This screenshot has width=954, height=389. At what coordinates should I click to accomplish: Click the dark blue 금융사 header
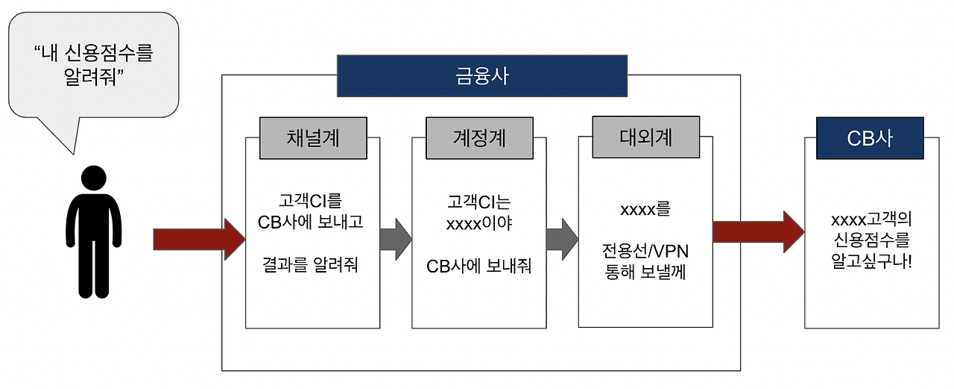pyautogui.click(x=481, y=76)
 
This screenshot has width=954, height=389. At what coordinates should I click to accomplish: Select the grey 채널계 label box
pyautogui.click(x=313, y=138)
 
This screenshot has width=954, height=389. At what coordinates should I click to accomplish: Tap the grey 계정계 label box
pyautogui.click(x=479, y=138)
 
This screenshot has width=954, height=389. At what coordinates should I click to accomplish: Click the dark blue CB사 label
pyautogui.click(x=870, y=138)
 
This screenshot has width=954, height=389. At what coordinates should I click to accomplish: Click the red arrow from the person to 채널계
pyautogui.click(x=198, y=240)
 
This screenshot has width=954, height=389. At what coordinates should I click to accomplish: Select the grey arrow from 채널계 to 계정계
pyautogui.click(x=396, y=240)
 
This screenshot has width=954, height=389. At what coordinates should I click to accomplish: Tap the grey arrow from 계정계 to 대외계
pyautogui.click(x=562, y=240)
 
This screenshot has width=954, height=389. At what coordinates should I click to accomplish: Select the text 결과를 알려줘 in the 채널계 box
pyautogui.click(x=311, y=264)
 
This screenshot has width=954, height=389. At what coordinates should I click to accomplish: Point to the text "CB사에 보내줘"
pyautogui.click(x=478, y=267)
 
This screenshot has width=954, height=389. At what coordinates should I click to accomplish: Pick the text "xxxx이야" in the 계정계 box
pyautogui.click(x=478, y=223)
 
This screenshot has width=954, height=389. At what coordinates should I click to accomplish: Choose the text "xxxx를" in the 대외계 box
pyautogui.click(x=645, y=209)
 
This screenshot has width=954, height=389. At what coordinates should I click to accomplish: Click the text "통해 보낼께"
pyautogui.click(x=645, y=273)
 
